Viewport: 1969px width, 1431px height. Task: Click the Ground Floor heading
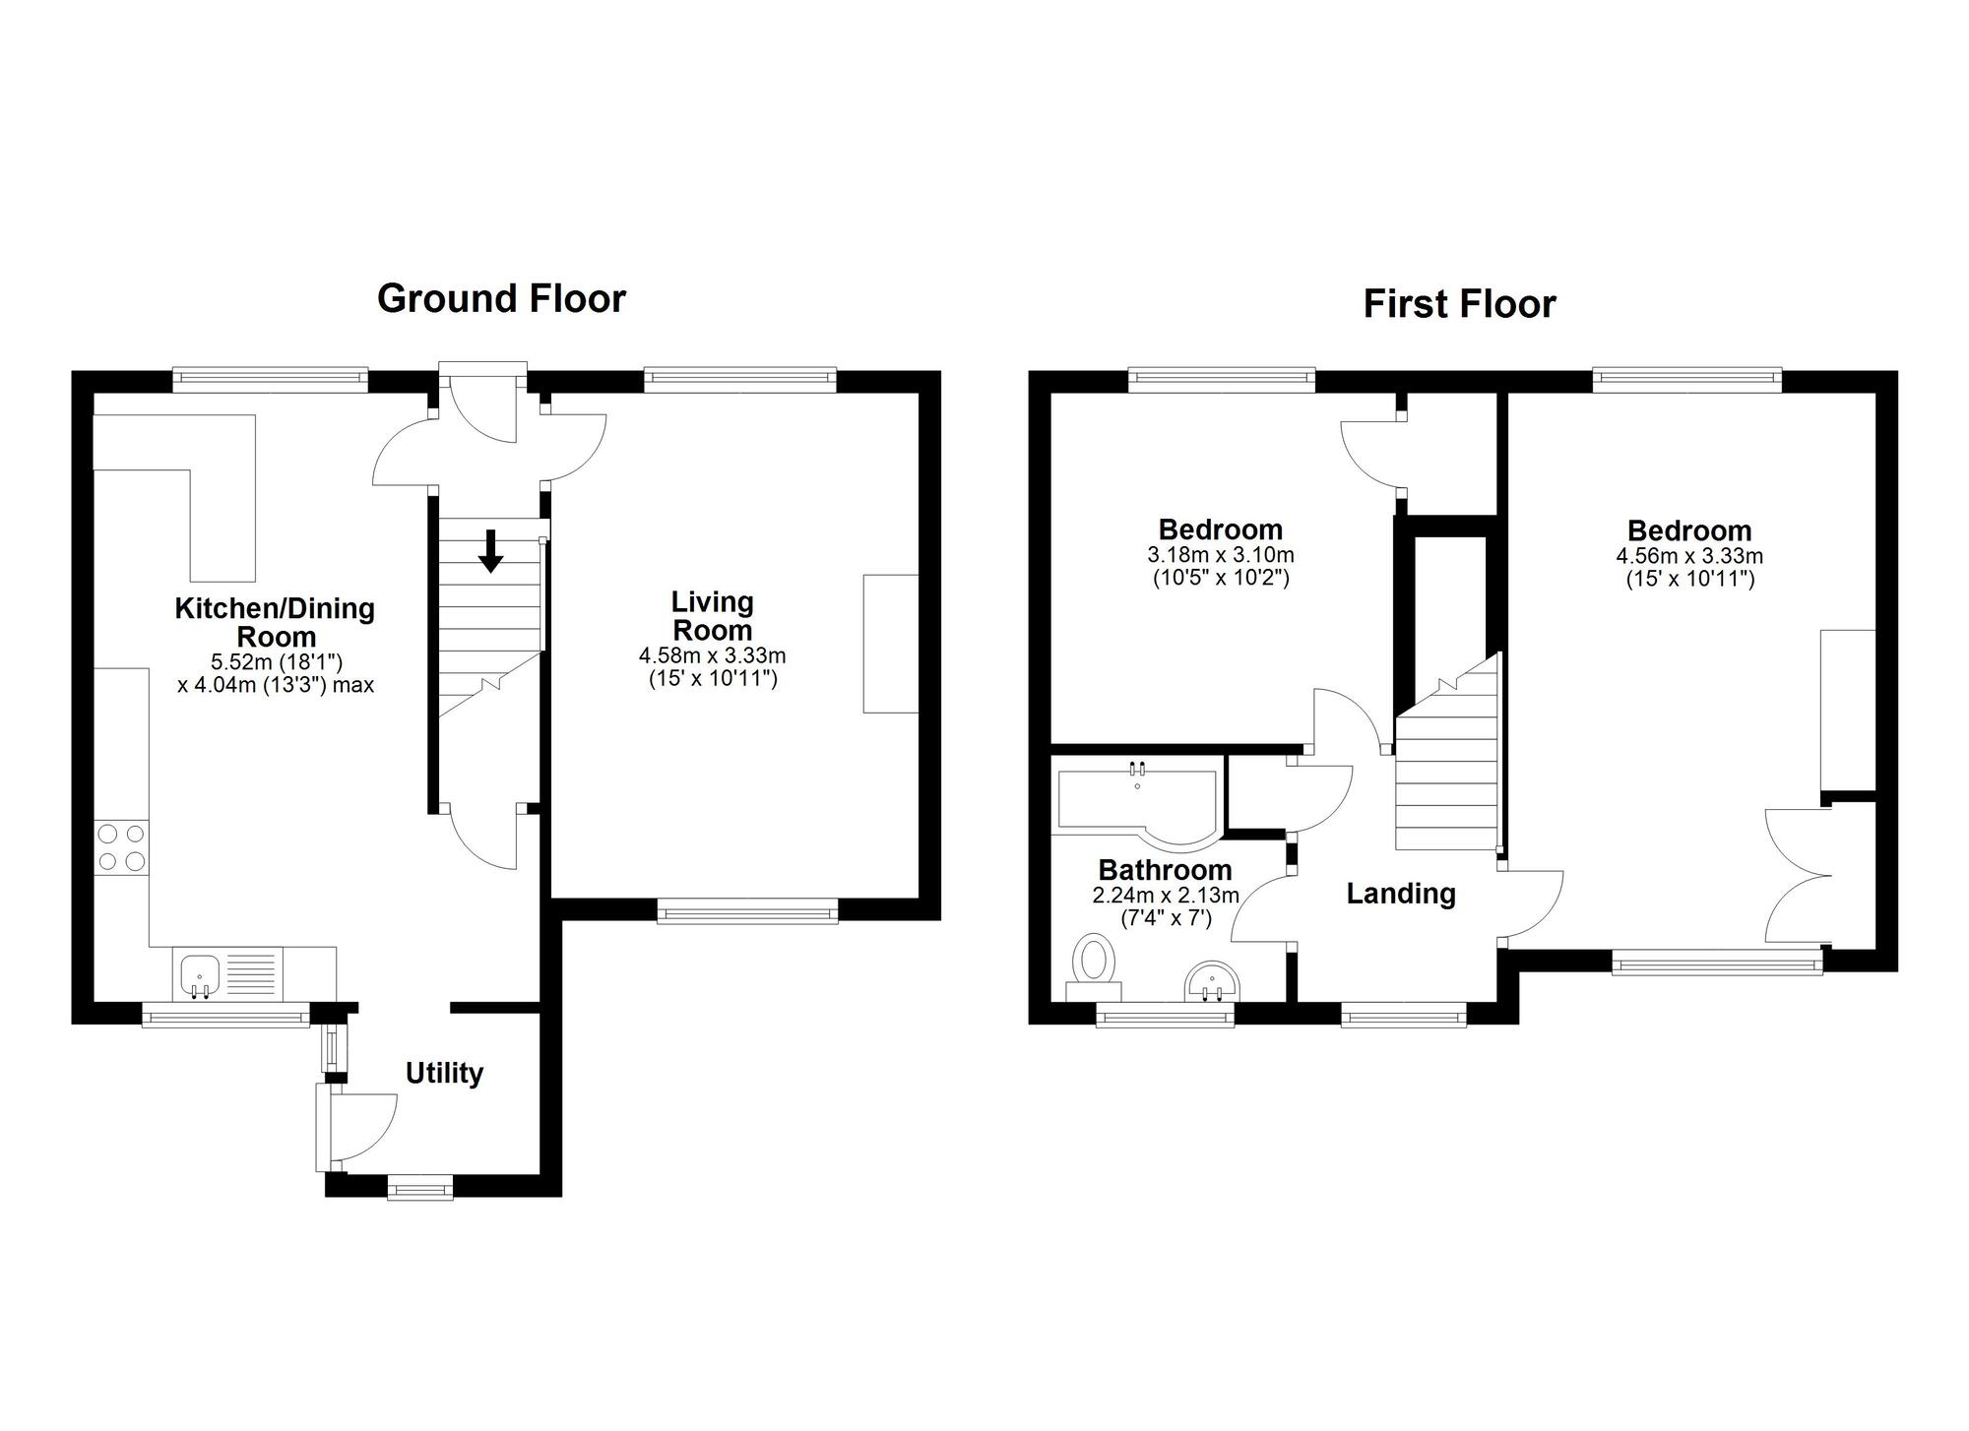[501, 298]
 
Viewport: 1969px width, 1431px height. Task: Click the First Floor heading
[1459, 304]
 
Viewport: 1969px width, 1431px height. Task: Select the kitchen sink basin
[200, 973]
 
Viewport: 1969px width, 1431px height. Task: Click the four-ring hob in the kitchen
[122, 847]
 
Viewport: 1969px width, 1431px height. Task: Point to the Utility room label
[444, 1073]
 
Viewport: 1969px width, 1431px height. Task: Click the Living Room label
[712, 616]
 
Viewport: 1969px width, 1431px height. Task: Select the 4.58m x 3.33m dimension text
[712, 655]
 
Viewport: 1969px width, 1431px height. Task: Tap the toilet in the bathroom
[1094, 959]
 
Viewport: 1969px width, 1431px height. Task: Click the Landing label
[1400, 894]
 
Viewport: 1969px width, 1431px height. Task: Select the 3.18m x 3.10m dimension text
[1221, 555]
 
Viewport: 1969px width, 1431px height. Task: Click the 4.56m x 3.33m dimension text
[1689, 556]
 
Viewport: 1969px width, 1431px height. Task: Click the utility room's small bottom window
[420, 1190]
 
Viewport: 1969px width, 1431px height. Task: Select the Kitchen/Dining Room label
[275, 622]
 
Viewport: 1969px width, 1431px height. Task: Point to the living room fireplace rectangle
[891, 644]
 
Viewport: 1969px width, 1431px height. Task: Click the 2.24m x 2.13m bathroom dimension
[1166, 896]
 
